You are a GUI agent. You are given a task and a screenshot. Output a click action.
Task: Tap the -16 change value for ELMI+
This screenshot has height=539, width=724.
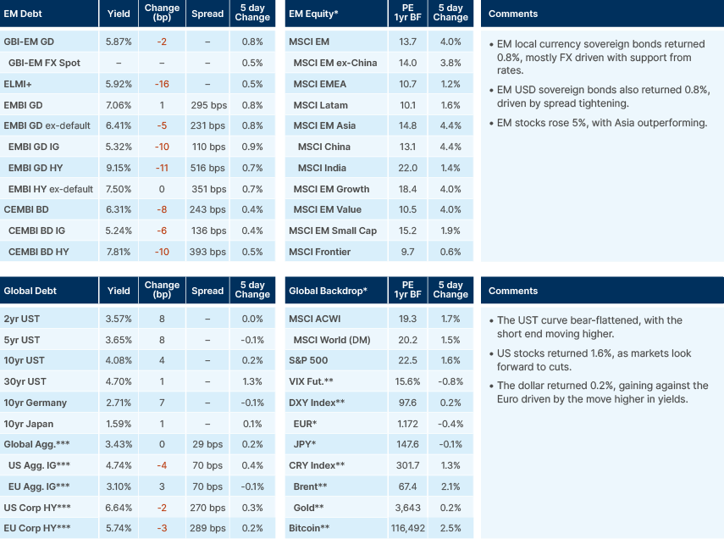tap(162, 84)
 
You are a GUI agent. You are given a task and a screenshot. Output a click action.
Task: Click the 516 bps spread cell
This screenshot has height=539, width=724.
tap(207, 168)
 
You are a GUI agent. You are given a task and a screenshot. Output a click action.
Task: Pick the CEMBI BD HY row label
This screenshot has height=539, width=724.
tap(39, 252)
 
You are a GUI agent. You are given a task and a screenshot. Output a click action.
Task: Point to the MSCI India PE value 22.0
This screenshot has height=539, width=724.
tap(407, 168)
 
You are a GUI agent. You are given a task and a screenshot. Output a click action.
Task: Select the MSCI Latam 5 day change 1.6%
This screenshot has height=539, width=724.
tap(450, 105)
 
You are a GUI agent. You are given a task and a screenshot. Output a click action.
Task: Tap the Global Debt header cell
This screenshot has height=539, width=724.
tap(30, 291)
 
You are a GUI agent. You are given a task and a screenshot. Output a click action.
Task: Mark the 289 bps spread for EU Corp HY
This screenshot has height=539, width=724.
tap(207, 529)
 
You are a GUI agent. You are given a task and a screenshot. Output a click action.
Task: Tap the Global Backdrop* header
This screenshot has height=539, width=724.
tap(328, 291)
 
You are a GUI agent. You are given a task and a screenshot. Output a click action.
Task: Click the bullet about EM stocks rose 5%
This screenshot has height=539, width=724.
tap(603, 123)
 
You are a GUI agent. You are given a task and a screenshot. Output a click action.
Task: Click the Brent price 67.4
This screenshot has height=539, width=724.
tap(407, 486)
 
